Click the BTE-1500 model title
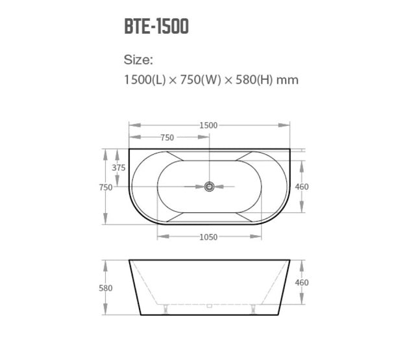click(x=156, y=26)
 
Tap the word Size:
click(x=138, y=60)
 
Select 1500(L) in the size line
click(x=145, y=80)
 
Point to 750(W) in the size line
click(x=201, y=80)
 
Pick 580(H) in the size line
click(x=254, y=80)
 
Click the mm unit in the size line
click(x=288, y=81)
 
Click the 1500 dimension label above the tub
click(x=208, y=125)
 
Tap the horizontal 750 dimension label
click(x=167, y=138)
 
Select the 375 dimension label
click(x=119, y=168)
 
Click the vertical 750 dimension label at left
click(x=106, y=187)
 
